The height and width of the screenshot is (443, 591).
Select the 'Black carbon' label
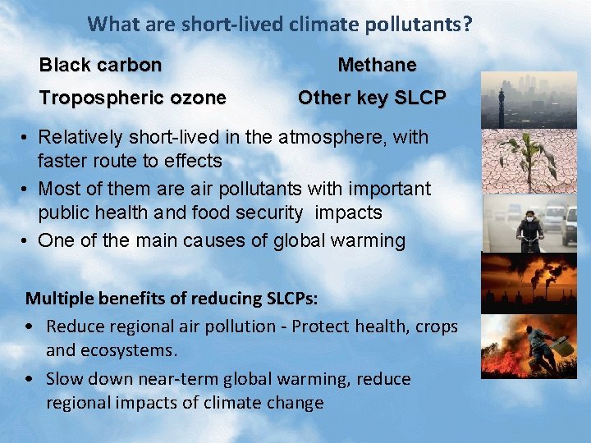[x=100, y=65]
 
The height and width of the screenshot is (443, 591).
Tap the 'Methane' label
[x=377, y=65]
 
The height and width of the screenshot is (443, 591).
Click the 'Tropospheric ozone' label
[x=132, y=98]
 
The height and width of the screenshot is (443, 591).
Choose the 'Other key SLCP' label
[x=372, y=98]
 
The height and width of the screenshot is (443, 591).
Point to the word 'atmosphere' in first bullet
[x=337, y=137]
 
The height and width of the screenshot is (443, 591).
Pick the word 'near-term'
[x=213, y=379]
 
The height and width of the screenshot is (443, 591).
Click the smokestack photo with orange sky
[x=529, y=283]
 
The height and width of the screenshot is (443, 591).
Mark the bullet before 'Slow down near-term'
[x=30, y=379]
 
